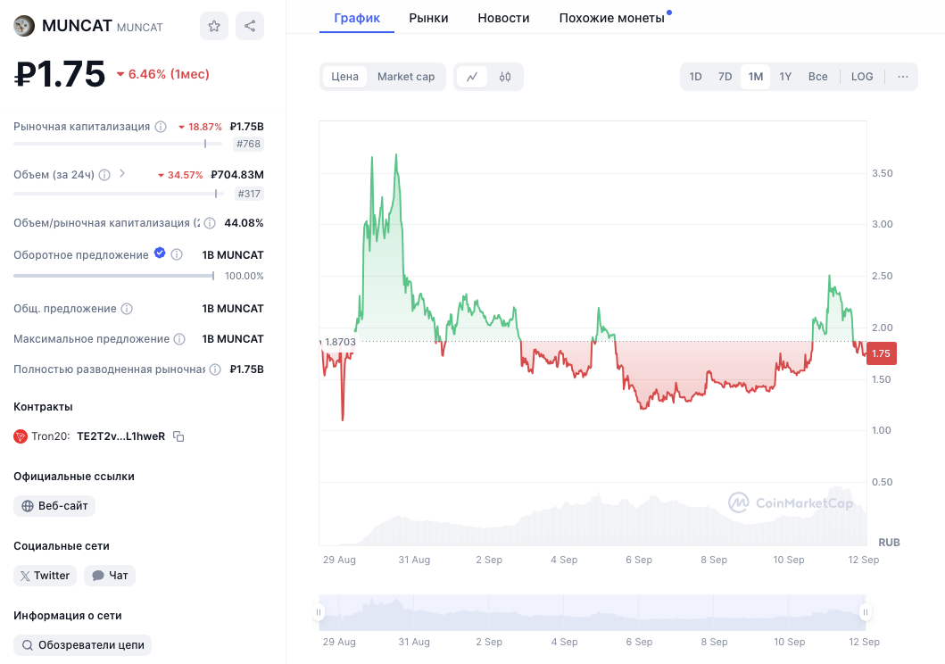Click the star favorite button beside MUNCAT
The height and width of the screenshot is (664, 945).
(x=214, y=26)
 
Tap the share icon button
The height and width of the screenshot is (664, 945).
(x=250, y=26)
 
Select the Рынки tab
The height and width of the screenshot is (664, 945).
(x=428, y=18)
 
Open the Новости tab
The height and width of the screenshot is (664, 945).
(x=503, y=18)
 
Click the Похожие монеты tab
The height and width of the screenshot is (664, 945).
(x=612, y=18)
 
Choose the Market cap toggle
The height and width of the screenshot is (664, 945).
(x=406, y=77)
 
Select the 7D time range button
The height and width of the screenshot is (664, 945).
(x=725, y=77)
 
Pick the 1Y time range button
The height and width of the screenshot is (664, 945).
(x=785, y=77)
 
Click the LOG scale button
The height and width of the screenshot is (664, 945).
(x=862, y=77)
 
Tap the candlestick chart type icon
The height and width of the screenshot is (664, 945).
(x=505, y=77)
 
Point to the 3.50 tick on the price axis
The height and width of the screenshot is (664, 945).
(x=882, y=173)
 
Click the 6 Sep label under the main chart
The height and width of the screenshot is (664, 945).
(x=639, y=560)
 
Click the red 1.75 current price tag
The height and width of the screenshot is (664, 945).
(x=881, y=353)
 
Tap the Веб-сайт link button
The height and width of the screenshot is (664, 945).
(x=54, y=506)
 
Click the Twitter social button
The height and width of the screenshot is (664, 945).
(x=46, y=576)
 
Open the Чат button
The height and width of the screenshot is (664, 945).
(x=110, y=576)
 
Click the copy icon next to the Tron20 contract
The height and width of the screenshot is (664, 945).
(x=178, y=436)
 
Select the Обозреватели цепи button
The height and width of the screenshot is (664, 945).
(x=83, y=645)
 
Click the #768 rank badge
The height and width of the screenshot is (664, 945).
(x=248, y=144)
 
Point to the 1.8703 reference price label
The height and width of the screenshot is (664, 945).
(x=340, y=342)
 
